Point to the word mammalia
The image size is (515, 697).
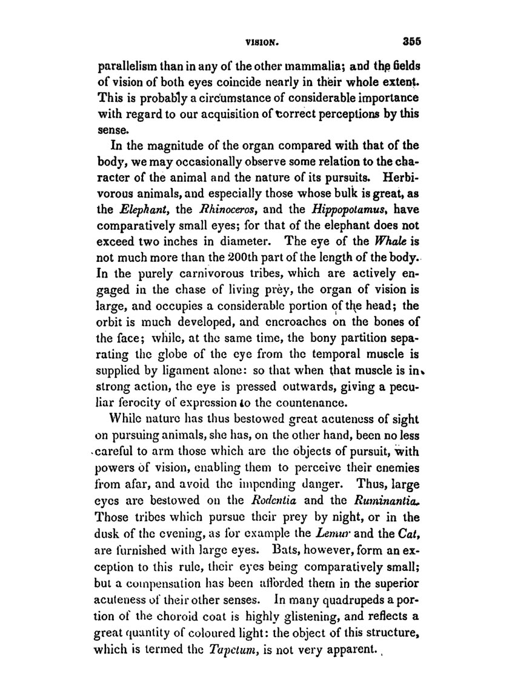[x=296, y=67]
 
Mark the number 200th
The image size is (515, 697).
[x=224, y=244]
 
